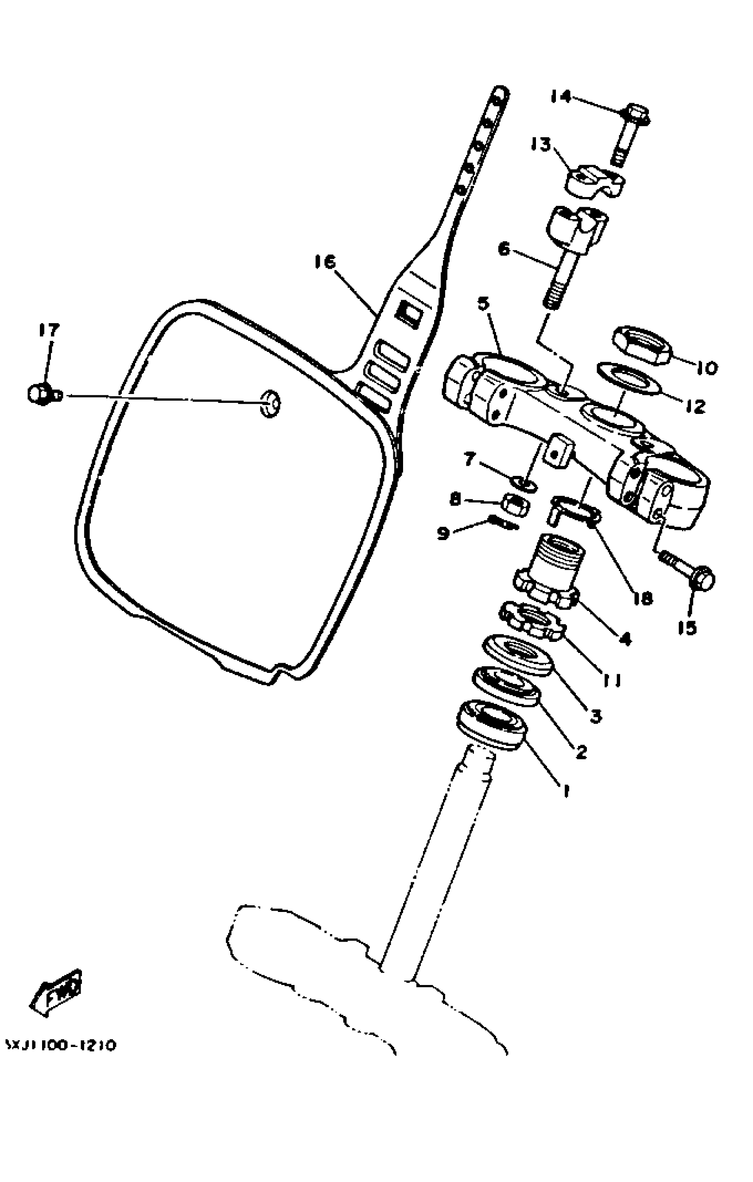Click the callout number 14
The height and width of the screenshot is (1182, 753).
click(560, 97)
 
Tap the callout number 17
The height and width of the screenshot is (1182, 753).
click(49, 330)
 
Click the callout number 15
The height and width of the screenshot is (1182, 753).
click(687, 628)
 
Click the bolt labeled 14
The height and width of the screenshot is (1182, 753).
click(630, 135)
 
